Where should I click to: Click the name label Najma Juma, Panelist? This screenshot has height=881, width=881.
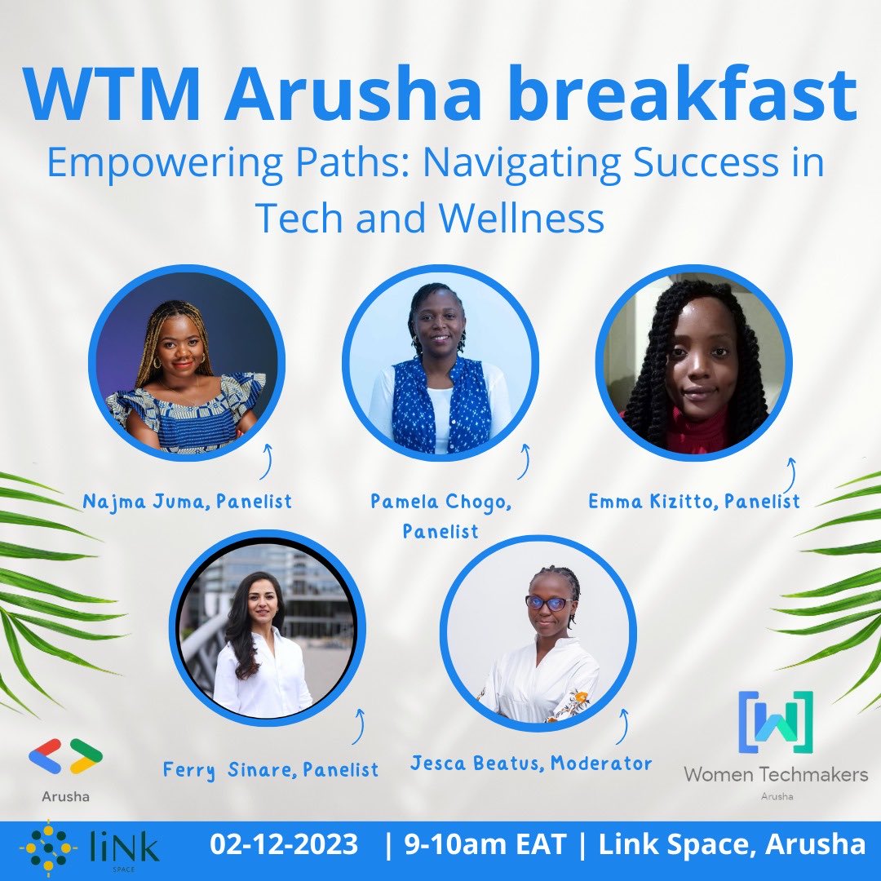coord(187,501)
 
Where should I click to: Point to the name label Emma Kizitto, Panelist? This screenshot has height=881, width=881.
coord(694,501)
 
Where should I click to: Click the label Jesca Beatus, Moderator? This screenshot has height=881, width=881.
coord(531,764)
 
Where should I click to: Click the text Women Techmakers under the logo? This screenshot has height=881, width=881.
coord(775,774)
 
